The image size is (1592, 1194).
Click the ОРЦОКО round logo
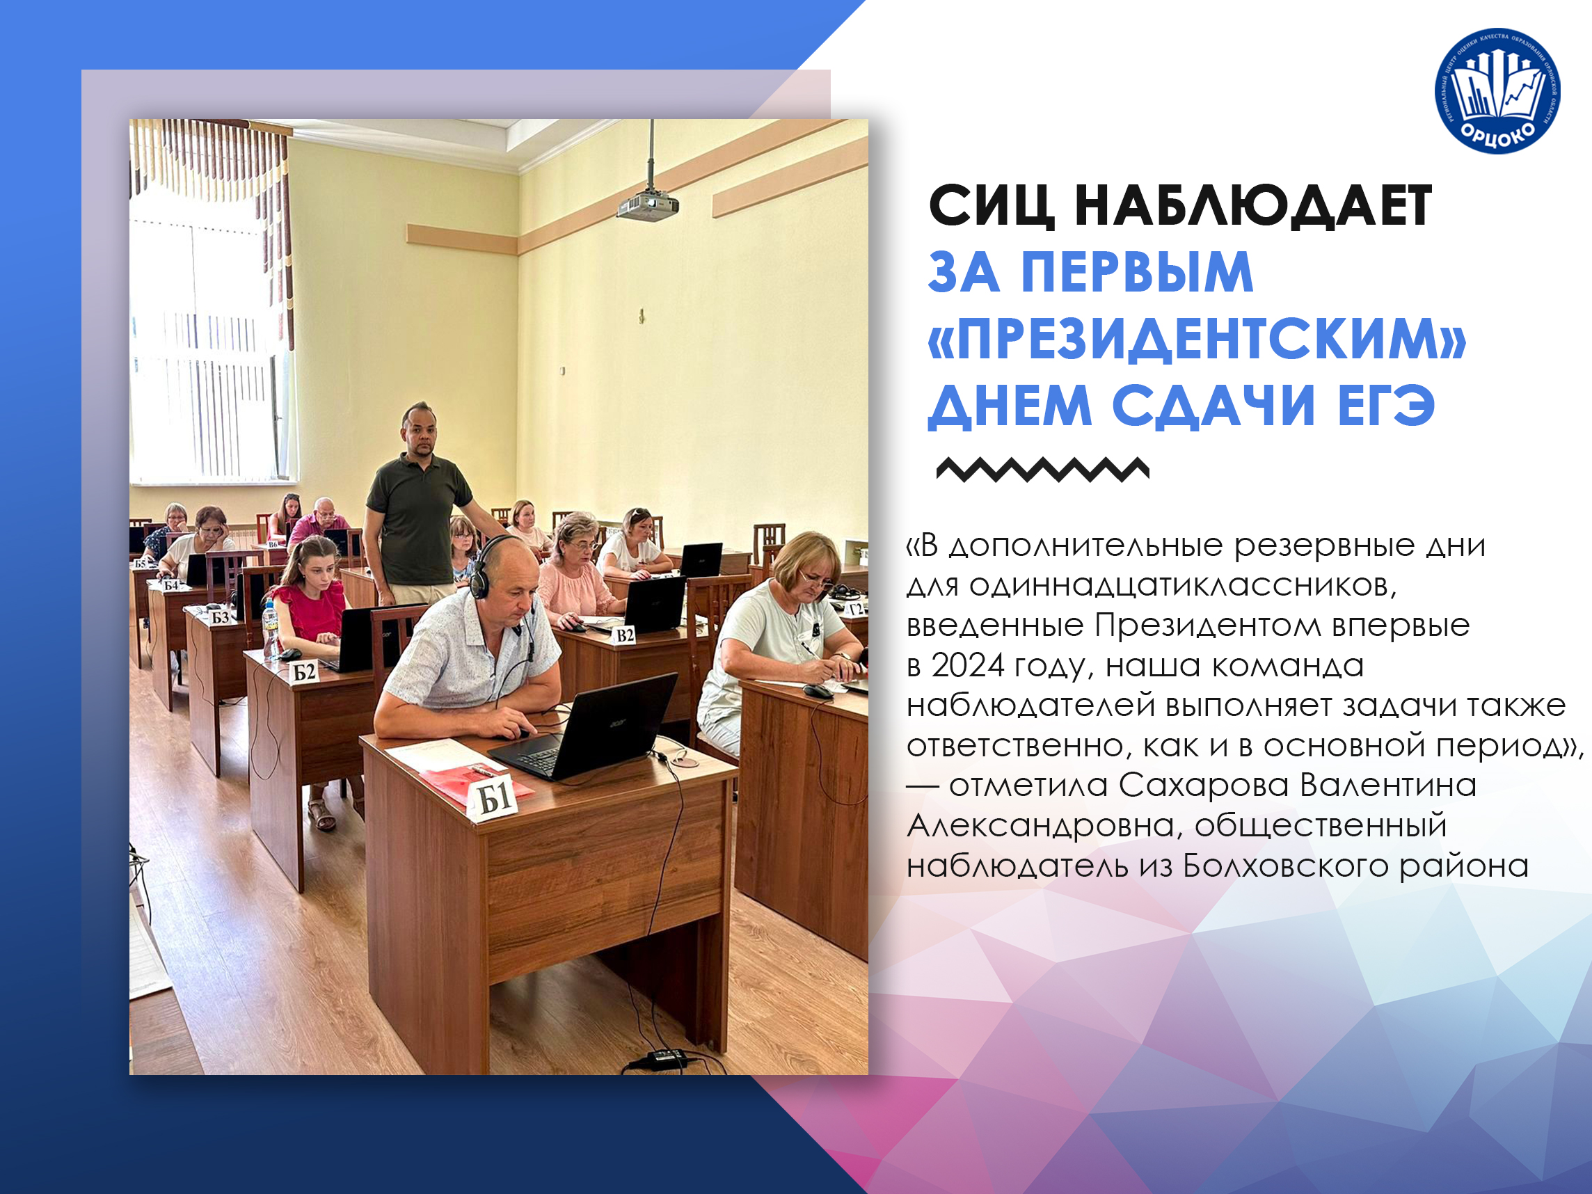coord(1496,90)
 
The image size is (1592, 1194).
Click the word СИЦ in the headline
coord(991,207)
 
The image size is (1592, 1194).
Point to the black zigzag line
coord(1043,469)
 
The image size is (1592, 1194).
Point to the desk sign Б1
coord(495,797)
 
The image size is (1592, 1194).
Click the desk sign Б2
coord(303,671)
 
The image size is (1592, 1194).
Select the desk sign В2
coord(624,635)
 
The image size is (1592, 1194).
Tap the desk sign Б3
coord(218,616)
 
